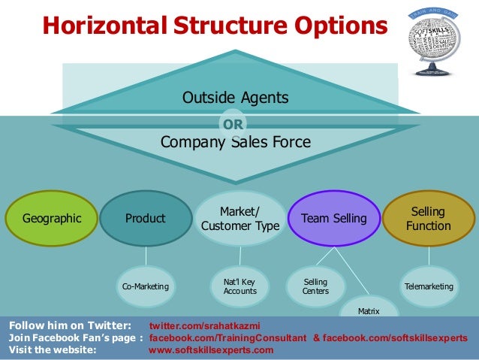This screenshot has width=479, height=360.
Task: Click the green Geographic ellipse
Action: pos(52,219)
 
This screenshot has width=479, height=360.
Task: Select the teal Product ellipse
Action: pos(145,219)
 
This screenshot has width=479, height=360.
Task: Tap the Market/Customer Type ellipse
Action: pos(240,219)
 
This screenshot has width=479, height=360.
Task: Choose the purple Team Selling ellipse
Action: pos(333,219)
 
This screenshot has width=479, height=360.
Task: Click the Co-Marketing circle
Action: pos(145,287)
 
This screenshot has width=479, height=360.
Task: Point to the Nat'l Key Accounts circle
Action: pos(240,286)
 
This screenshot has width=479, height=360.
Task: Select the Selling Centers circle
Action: pos(316,286)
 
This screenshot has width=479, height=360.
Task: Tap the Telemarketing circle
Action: pos(429,286)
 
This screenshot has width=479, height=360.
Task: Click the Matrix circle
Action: pos(369,309)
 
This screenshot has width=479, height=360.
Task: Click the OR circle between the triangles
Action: pos(232,125)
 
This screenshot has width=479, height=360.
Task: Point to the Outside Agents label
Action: pos(236,98)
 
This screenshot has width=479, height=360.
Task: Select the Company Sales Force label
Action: pos(236,142)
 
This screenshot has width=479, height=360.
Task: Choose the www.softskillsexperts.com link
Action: pos(212,349)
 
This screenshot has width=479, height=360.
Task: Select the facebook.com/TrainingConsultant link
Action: pos(228,338)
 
